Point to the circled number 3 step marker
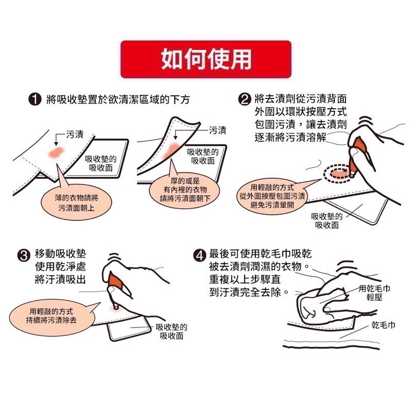24,255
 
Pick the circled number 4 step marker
200,255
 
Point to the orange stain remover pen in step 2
357,154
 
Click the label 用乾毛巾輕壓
374,293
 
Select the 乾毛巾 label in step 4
384,326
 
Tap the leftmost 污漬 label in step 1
75,135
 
